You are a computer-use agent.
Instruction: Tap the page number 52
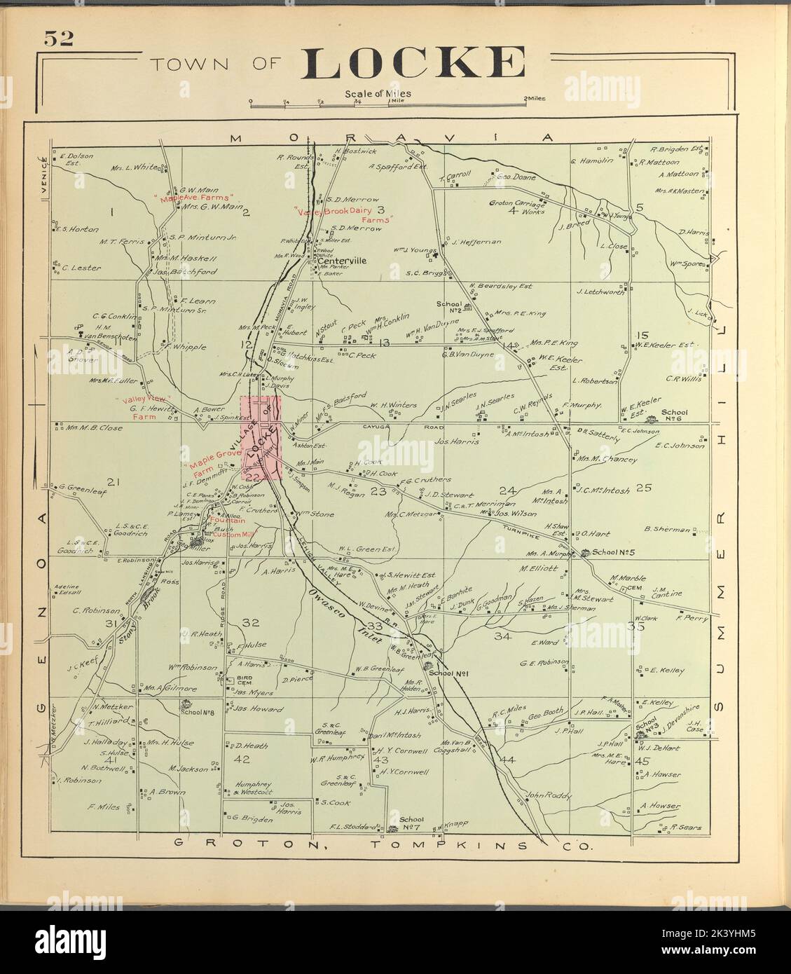tap(59, 39)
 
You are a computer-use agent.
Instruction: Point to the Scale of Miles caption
tap(378, 93)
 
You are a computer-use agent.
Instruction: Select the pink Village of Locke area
tap(261, 439)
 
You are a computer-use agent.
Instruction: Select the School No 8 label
tap(192, 713)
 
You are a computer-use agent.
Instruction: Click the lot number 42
tap(242, 759)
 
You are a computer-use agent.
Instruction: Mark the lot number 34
tap(502, 636)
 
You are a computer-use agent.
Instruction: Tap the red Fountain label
tap(228, 520)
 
